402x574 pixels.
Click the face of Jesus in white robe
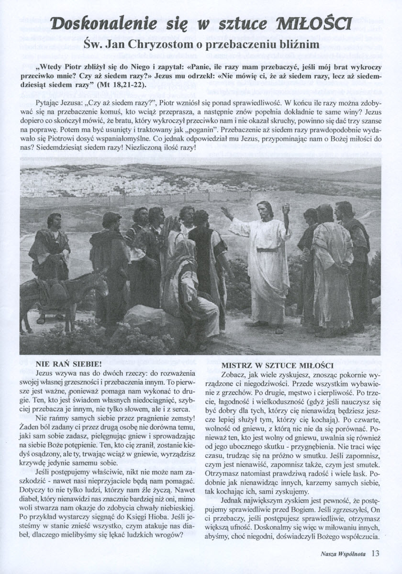tap(264, 210)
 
